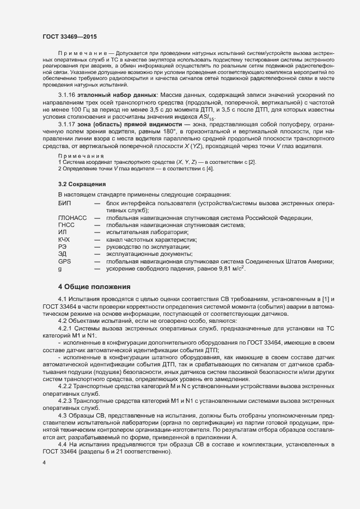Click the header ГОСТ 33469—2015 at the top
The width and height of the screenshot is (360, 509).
tap(70, 36)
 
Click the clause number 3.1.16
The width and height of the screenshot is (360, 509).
tap(67, 95)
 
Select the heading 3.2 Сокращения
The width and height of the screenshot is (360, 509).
tap(82, 185)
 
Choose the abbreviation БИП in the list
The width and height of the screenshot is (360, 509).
tap(64, 203)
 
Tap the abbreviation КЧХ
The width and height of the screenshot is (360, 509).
tap(64, 240)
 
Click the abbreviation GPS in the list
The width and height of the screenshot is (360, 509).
tap(64, 261)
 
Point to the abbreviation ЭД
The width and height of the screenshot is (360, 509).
tap(62, 254)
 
